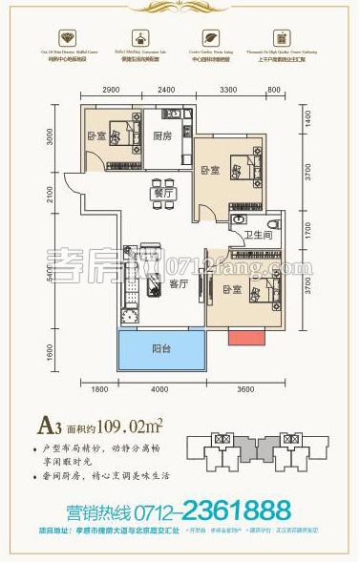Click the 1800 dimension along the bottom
(100, 389)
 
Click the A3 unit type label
(70, 416)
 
